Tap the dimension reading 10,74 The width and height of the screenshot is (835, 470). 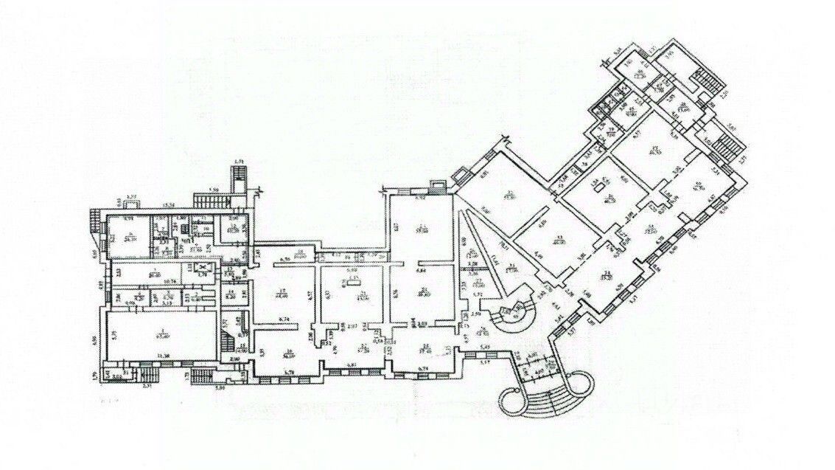pyautogui.click(x=168, y=280)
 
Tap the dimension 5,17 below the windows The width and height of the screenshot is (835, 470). pyautogui.click(x=485, y=362)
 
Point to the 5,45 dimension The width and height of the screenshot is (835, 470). pyautogui.click(x=485, y=345)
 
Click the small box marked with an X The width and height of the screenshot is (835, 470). pyautogui.click(x=206, y=269)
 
